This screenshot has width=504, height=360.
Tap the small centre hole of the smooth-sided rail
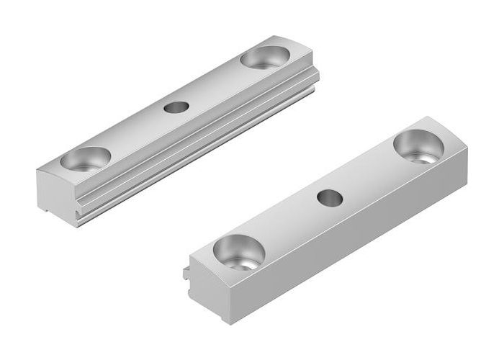pyautogui.click(x=330, y=196)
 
